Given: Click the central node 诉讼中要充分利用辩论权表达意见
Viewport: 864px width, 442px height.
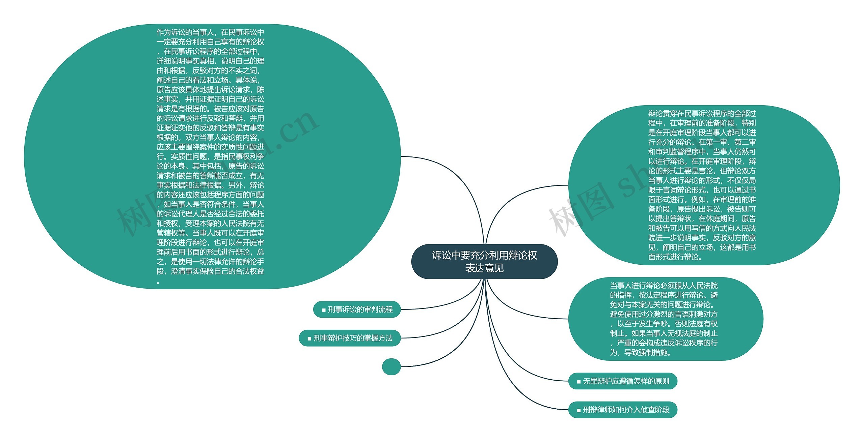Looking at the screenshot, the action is click(484, 261).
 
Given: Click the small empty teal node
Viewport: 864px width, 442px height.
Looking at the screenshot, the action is click(391, 366).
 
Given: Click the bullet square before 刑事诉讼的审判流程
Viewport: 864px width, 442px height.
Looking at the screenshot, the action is click(324, 310).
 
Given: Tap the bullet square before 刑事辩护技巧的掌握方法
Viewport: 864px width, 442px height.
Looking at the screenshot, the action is click(309, 339).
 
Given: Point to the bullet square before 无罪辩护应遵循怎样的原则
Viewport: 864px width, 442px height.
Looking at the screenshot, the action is click(579, 382).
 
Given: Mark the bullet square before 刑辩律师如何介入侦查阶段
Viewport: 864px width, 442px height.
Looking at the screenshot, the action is click(579, 411).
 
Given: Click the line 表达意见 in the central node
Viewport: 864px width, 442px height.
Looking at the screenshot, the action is click(484, 268).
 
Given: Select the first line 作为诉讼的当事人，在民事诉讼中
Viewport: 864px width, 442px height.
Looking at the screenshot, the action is click(210, 32).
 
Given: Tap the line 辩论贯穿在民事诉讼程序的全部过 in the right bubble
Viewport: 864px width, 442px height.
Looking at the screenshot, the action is click(702, 114).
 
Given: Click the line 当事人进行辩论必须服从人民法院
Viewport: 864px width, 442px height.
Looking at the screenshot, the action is click(664, 286).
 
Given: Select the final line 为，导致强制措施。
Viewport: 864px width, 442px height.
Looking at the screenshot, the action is click(641, 353).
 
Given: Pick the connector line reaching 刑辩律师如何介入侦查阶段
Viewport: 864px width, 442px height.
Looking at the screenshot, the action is click(526, 398).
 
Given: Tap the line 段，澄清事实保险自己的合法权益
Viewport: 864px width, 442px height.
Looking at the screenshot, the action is click(210, 271).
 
